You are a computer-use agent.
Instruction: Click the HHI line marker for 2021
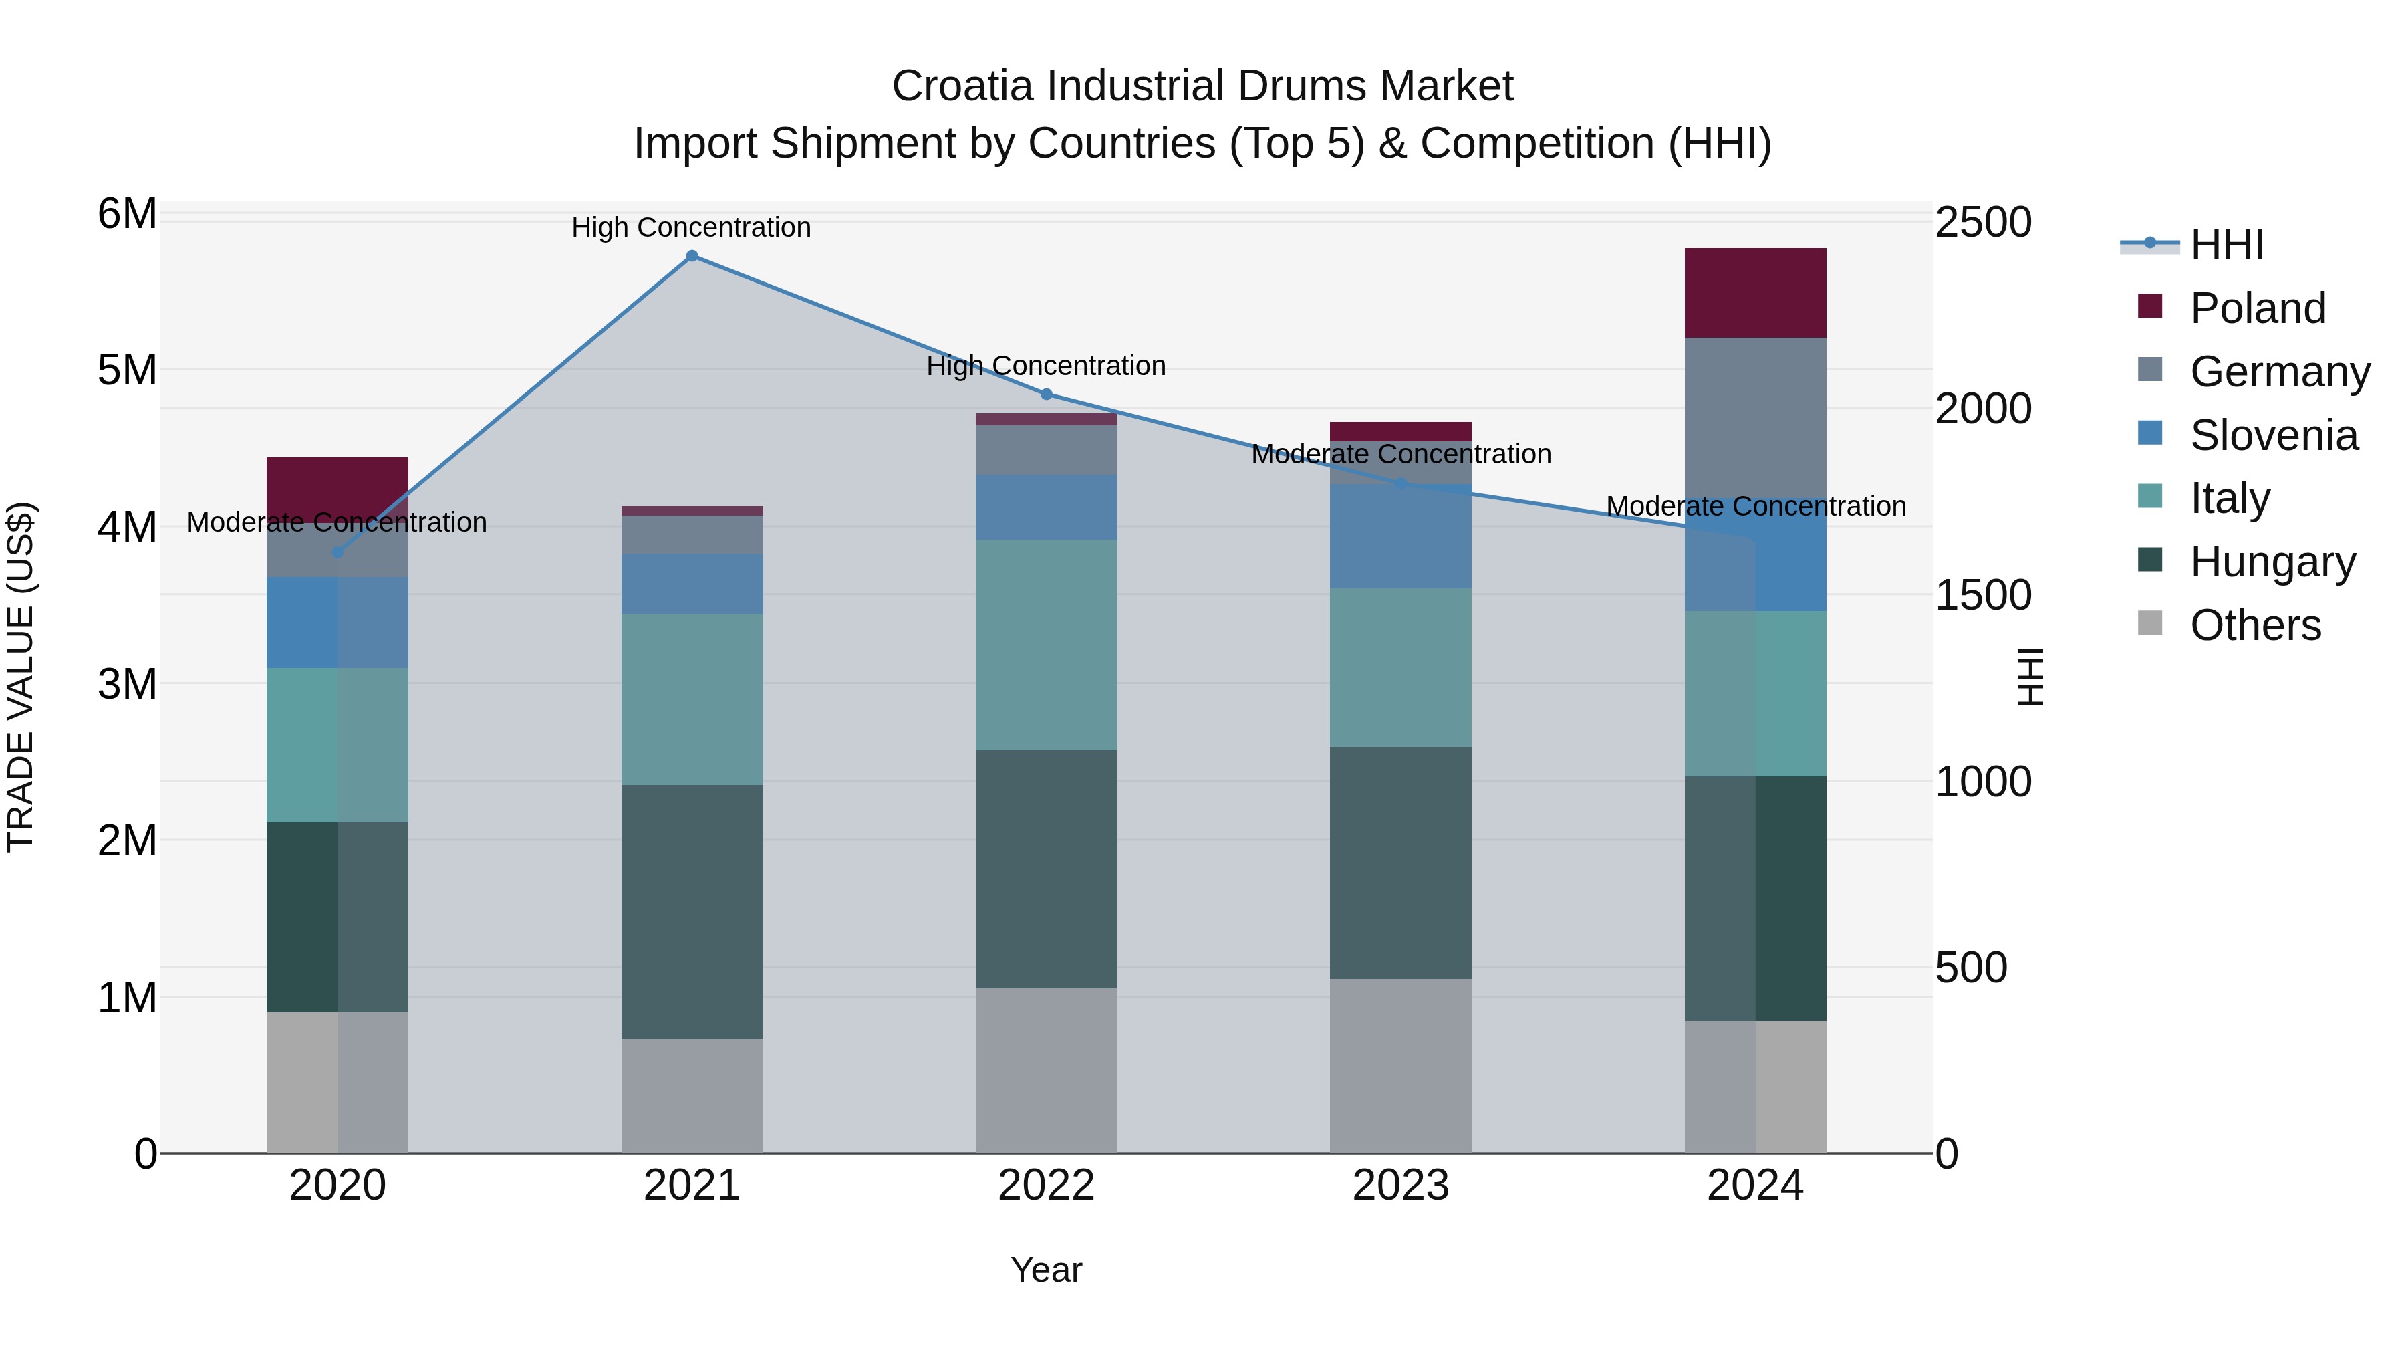tap(692, 256)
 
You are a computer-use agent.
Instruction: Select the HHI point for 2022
tap(1046, 394)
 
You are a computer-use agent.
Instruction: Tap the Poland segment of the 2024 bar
tap(1755, 292)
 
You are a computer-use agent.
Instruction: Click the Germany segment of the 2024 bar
tap(1755, 421)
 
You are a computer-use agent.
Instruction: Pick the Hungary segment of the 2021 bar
tap(692, 911)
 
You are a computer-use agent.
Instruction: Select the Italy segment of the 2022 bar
tap(1046, 645)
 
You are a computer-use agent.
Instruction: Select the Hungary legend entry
tap(2272, 562)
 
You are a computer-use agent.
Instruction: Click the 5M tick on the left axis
tap(127, 370)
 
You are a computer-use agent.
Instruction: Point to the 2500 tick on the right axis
tap(1983, 223)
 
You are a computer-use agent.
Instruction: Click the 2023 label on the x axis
tap(1400, 1186)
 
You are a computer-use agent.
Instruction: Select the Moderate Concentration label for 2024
tap(1755, 505)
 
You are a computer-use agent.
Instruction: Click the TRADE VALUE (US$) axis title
tap(21, 677)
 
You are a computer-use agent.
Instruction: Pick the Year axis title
tap(1046, 1270)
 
